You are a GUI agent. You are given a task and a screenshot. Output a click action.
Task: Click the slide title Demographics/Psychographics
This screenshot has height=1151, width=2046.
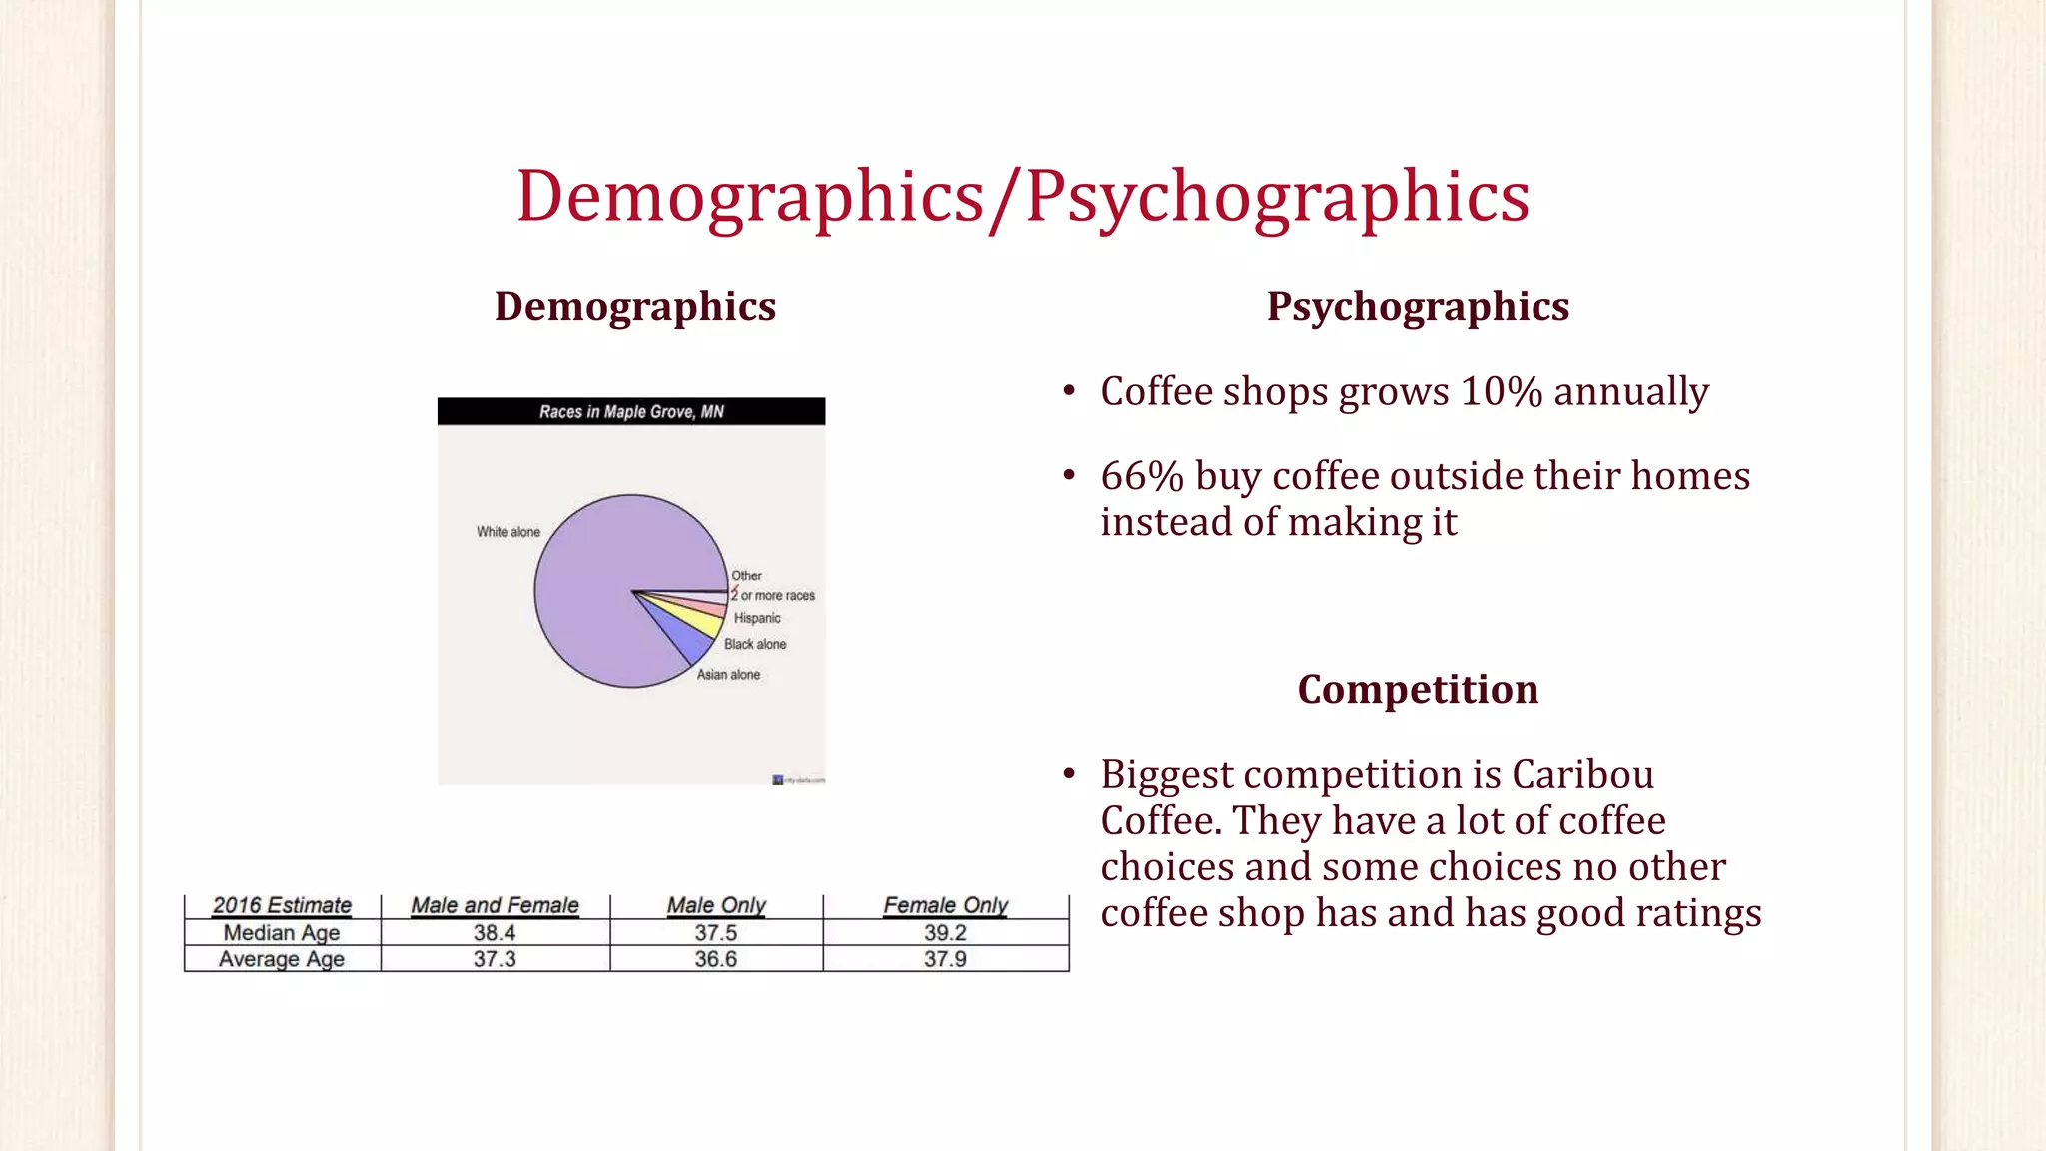coord(1023,197)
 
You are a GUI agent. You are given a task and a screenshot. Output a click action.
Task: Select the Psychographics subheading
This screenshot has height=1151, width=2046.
coord(1418,307)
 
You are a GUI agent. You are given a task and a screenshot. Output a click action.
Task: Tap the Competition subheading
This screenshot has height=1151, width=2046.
coord(1418,690)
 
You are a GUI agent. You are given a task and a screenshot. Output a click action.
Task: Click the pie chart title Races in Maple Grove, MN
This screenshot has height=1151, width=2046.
coord(631,412)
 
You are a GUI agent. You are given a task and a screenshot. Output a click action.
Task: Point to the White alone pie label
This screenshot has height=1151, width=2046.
coord(508,532)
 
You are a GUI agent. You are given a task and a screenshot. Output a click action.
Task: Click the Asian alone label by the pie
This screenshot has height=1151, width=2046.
coord(728,675)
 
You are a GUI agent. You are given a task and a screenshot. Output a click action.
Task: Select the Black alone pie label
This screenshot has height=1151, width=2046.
coord(755,645)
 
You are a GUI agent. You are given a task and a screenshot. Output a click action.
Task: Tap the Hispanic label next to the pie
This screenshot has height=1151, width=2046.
coord(757,619)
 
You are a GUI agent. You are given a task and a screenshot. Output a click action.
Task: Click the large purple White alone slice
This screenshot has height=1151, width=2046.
coord(599,579)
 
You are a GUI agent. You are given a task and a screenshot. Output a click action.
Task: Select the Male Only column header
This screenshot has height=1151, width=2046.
coord(716,906)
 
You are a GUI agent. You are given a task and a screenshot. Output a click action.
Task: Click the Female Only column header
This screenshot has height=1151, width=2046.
coord(945,906)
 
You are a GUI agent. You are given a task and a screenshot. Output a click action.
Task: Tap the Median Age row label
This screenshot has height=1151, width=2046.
coord(282,933)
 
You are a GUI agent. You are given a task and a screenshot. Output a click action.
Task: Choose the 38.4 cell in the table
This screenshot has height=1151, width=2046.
coord(495,933)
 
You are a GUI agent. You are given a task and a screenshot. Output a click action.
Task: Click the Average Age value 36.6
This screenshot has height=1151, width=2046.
coord(716,959)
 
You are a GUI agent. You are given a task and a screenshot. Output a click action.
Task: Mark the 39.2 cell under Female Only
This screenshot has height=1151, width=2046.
coord(945,933)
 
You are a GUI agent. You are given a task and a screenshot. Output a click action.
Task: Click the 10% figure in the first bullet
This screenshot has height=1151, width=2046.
coord(1502,392)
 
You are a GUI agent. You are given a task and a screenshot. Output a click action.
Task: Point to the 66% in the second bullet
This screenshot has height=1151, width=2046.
coord(1142,477)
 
